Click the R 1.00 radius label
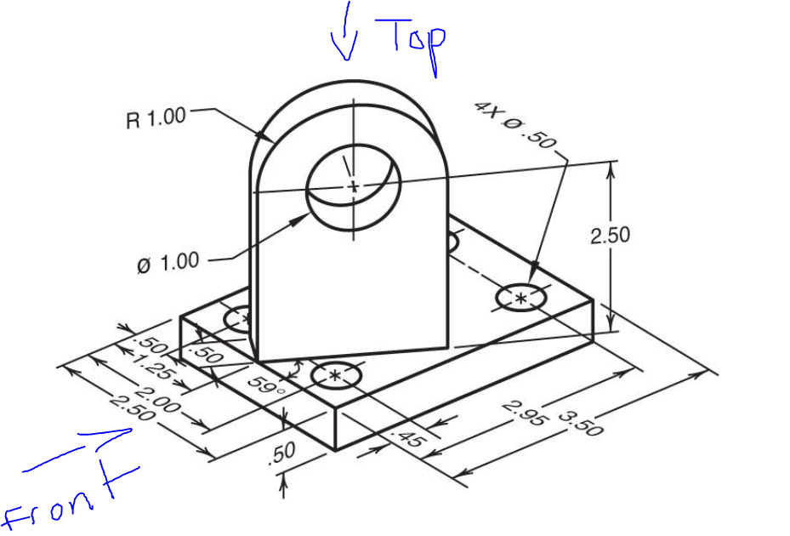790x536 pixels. click(x=156, y=117)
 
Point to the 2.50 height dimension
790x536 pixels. click(x=611, y=235)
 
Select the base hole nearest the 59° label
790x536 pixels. click(x=337, y=374)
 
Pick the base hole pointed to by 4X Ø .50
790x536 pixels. click(x=520, y=297)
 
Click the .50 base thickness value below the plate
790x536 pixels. click(x=281, y=454)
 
